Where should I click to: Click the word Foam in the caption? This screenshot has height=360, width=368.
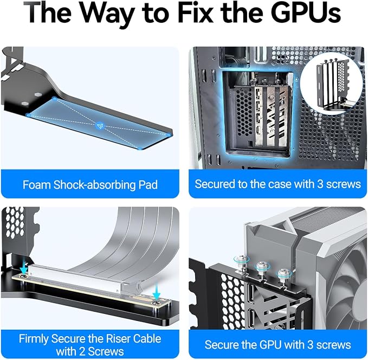37,184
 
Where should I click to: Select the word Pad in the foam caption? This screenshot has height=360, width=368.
148,184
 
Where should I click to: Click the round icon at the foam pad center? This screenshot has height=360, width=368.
100,126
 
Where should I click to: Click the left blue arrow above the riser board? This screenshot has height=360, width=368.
24,268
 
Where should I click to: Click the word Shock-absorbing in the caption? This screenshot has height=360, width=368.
95,185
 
